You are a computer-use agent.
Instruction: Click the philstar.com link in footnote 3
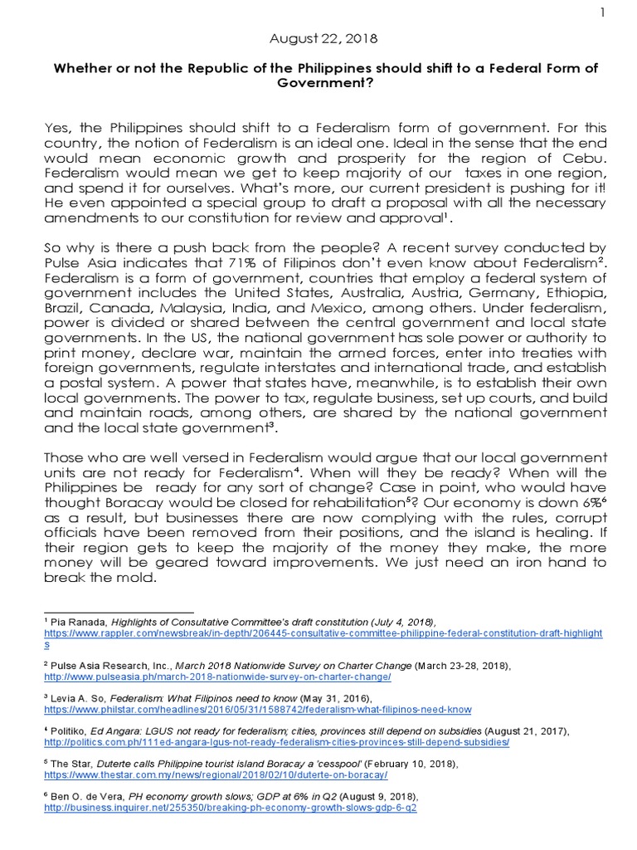257,710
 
